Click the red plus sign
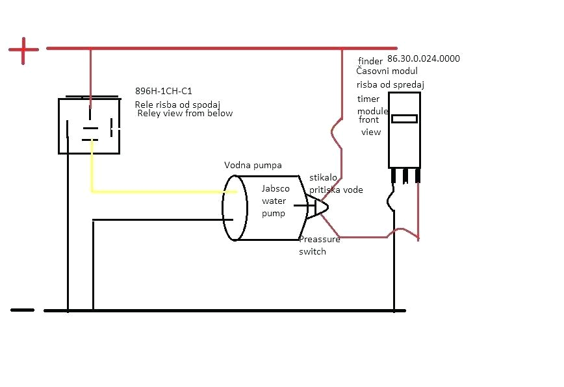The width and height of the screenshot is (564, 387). pyautogui.click(x=23, y=50)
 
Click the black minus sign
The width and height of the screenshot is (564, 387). pyautogui.click(x=22, y=310)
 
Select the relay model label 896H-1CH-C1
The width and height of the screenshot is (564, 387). pyautogui.click(x=164, y=92)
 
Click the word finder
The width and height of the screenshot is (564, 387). pyautogui.click(x=370, y=61)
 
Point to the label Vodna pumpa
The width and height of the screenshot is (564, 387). pyautogui.click(x=253, y=165)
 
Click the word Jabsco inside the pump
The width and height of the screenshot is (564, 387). pyautogui.click(x=276, y=189)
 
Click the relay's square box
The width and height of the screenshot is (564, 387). pyautogui.click(x=90, y=126)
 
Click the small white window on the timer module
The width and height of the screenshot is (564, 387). pyautogui.click(x=405, y=119)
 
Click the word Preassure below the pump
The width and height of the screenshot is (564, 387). pyautogui.click(x=320, y=240)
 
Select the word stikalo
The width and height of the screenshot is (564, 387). pyautogui.click(x=324, y=177)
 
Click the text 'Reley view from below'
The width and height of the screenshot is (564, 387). pyautogui.click(x=185, y=114)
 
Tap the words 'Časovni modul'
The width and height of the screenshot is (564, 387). pyautogui.click(x=387, y=71)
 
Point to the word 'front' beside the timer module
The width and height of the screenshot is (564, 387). pyautogui.click(x=369, y=120)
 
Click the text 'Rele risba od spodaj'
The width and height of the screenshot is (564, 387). pyautogui.click(x=178, y=105)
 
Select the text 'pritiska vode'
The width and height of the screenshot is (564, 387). pyautogui.click(x=336, y=190)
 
